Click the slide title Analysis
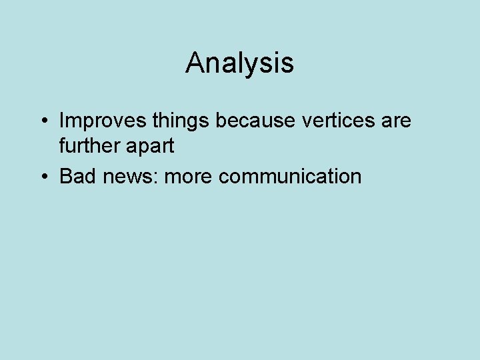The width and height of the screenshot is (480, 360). tap(239, 63)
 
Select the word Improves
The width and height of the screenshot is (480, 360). tap(93, 121)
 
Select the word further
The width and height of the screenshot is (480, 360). tap(87, 146)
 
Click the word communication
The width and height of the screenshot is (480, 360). tap(290, 177)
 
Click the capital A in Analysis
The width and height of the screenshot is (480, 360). tap(195, 63)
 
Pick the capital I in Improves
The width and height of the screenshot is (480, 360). tap(61, 121)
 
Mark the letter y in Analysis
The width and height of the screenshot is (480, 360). tap(249, 66)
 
